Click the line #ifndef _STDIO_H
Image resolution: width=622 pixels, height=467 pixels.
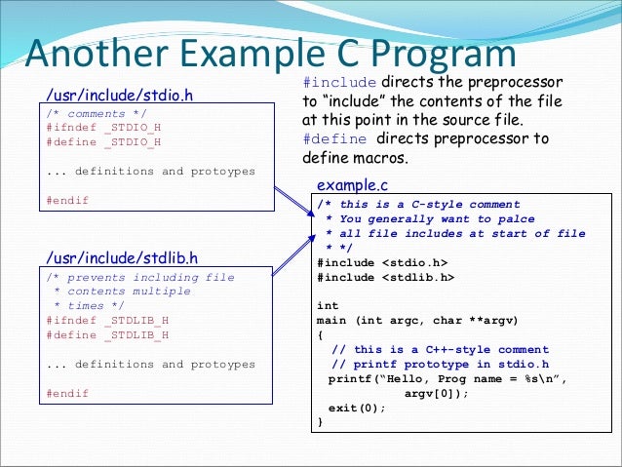click(103, 128)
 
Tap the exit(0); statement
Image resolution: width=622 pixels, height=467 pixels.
click(357, 408)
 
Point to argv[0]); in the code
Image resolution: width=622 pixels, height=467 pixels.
click(436, 393)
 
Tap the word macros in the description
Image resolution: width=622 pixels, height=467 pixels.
click(378, 157)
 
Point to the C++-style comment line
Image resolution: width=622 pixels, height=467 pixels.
click(440, 350)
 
